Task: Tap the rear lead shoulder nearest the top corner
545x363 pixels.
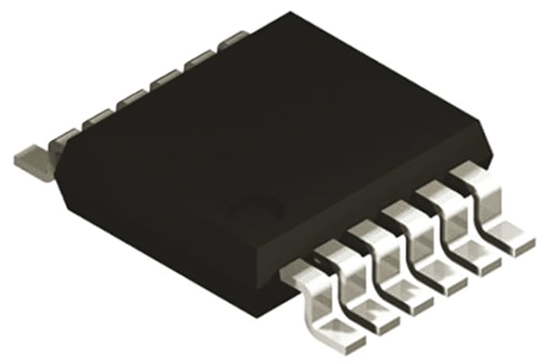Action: (x=233, y=39)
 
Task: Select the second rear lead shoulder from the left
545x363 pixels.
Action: (x=97, y=118)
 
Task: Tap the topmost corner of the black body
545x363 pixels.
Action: (x=290, y=13)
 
